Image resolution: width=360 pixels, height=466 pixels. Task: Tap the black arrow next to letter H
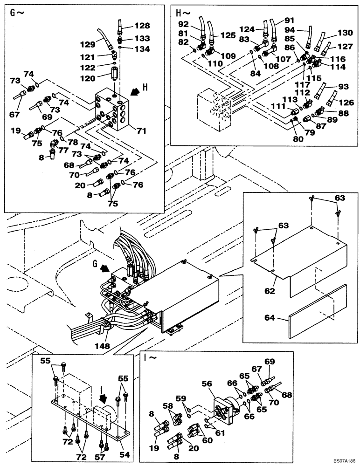(135, 92)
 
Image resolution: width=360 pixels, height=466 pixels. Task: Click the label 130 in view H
(345, 34)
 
